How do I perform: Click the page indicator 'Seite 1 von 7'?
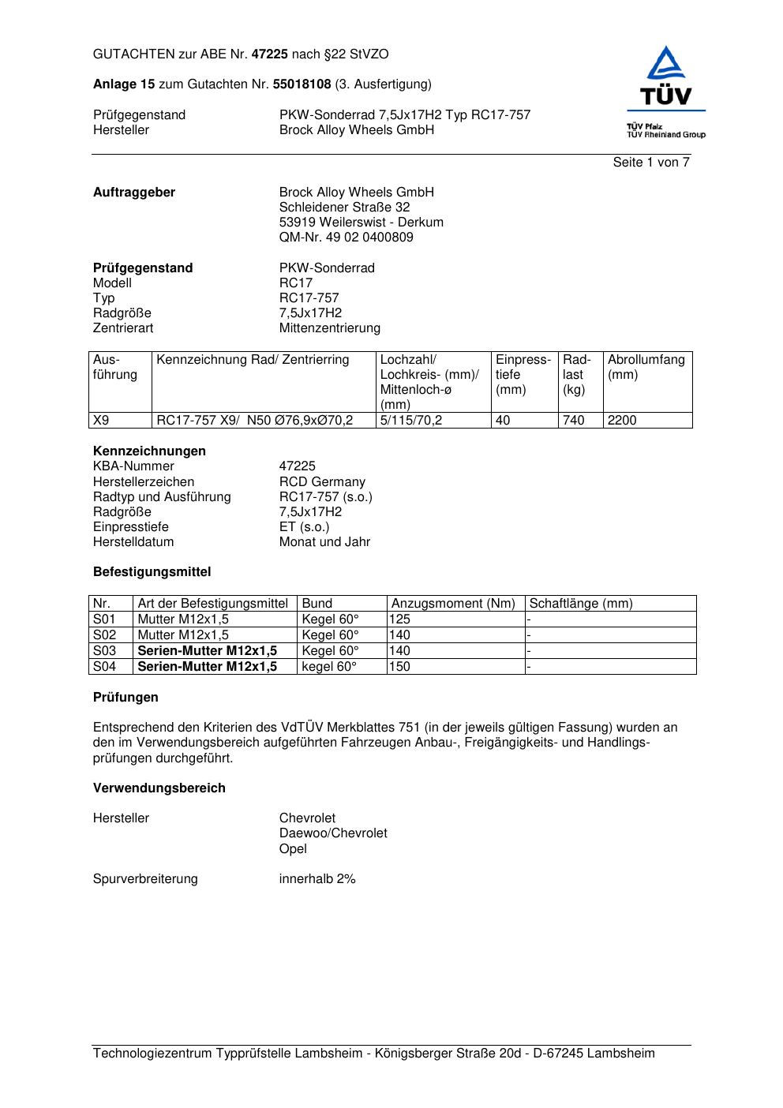pos(651,163)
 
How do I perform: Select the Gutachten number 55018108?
pos(302,84)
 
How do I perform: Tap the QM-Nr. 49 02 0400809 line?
pos(346,238)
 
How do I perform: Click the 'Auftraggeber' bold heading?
pos(134,193)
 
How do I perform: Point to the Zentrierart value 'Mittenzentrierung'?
pos(329,328)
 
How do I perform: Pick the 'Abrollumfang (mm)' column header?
pos(646,368)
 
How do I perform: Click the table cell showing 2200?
pos(622,421)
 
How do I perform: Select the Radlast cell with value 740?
pos(574,421)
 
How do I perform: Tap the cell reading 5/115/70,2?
pos(411,421)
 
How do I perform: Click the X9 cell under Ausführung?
pos(101,421)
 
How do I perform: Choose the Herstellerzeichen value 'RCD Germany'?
pos(322,482)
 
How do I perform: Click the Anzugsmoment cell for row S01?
pos(400,620)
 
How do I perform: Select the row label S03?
pos(104,651)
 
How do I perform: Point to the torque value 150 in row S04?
pos(400,667)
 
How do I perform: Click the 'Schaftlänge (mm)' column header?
pos(581,604)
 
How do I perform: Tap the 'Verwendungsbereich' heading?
pos(159,788)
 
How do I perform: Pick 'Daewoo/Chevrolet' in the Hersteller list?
pos(333,833)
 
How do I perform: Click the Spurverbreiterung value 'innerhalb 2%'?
pos(317,879)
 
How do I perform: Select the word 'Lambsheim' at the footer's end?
pos(620,1054)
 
